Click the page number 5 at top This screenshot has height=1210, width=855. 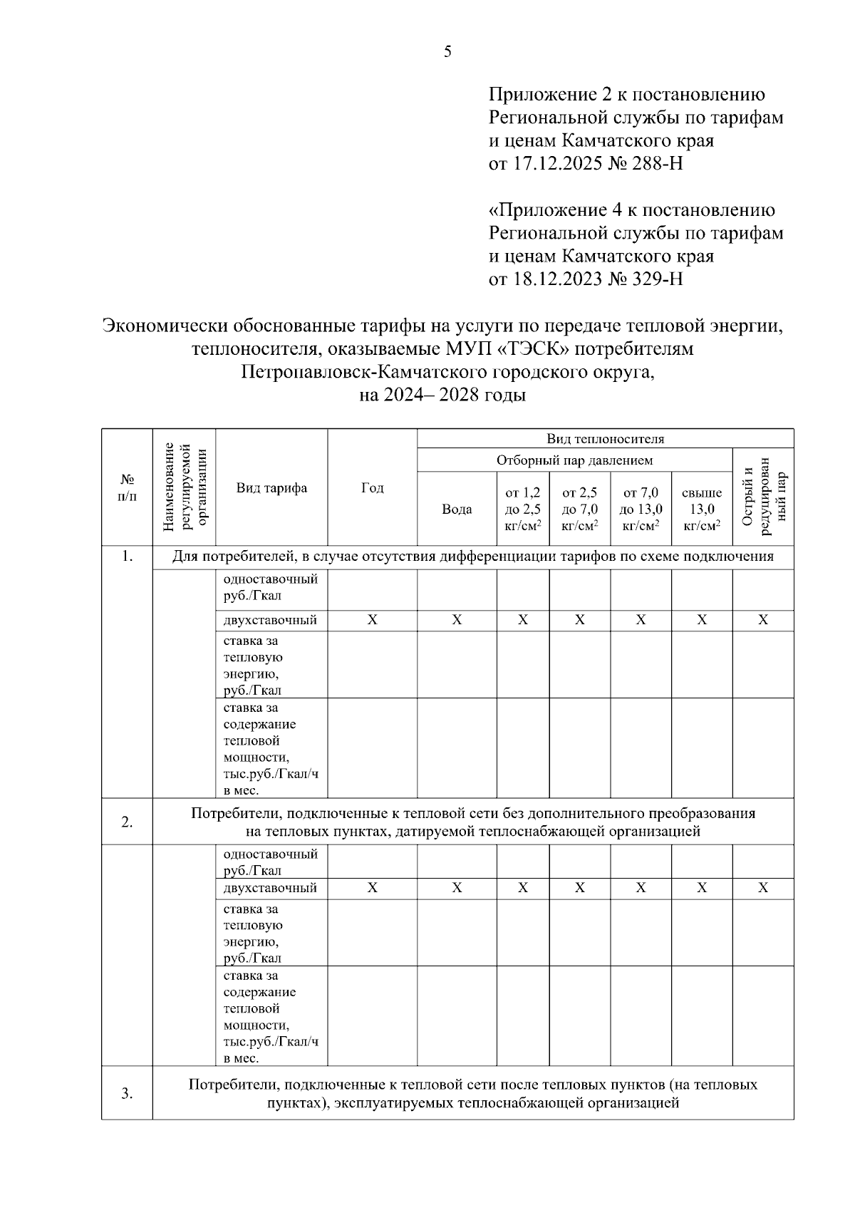(x=447, y=51)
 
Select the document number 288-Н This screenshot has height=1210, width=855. (x=658, y=164)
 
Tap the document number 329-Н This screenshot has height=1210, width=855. (x=658, y=279)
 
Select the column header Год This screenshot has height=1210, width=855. (x=372, y=488)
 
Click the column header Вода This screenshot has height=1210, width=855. (x=457, y=510)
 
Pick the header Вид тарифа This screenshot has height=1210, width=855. (x=271, y=488)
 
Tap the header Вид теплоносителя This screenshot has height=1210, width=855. (x=605, y=438)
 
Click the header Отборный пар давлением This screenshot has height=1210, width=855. (x=574, y=460)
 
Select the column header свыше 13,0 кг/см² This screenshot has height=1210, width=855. (x=702, y=510)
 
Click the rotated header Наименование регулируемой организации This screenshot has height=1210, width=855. (x=184, y=488)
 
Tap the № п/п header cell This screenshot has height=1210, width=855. (x=127, y=488)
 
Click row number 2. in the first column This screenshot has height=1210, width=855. (x=127, y=822)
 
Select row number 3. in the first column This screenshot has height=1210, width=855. (x=127, y=1094)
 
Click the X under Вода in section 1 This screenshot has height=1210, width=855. (x=457, y=621)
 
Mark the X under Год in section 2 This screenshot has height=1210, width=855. (x=372, y=888)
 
